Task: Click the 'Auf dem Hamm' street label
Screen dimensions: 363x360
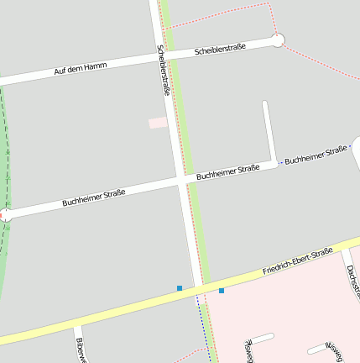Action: click(81, 68)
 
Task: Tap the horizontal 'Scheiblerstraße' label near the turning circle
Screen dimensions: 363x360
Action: click(220, 50)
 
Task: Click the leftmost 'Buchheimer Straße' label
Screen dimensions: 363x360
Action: click(94, 198)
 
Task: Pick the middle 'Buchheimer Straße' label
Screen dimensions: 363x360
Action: click(227, 172)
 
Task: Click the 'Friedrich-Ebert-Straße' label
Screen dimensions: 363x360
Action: click(298, 261)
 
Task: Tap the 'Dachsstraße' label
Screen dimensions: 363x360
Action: click(352, 281)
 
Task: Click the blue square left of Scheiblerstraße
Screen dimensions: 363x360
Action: click(180, 288)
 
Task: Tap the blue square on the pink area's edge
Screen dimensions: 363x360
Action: click(222, 291)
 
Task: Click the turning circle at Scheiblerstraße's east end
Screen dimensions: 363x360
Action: click(278, 39)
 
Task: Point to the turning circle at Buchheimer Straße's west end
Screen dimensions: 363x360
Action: click(5, 215)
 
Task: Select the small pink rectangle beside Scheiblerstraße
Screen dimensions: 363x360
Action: click(158, 123)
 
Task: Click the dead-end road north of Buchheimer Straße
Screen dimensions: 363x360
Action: click(269, 130)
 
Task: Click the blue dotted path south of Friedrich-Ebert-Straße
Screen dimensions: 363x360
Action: click(201, 328)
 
